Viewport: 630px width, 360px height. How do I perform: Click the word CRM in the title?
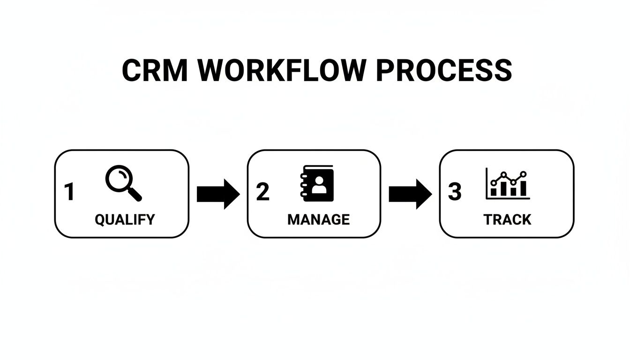tap(154, 71)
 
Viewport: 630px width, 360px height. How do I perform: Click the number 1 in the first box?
tap(69, 192)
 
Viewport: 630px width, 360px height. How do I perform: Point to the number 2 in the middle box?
tap(262, 192)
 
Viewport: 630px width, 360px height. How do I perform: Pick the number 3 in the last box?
tap(455, 192)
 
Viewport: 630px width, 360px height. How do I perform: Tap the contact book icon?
tap(317, 184)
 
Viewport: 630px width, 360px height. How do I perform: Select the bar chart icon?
tap(508, 184)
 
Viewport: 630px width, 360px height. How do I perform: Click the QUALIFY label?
tap(124, 219)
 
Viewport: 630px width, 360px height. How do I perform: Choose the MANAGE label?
tap(318, 219)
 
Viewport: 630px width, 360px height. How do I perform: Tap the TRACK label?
tap(507, 219)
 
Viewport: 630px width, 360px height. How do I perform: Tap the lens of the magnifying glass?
tap(118, 179)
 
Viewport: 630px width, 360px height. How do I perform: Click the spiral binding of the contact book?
tap(302, 184)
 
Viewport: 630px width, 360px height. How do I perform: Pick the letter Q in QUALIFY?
tap(100, 219)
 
